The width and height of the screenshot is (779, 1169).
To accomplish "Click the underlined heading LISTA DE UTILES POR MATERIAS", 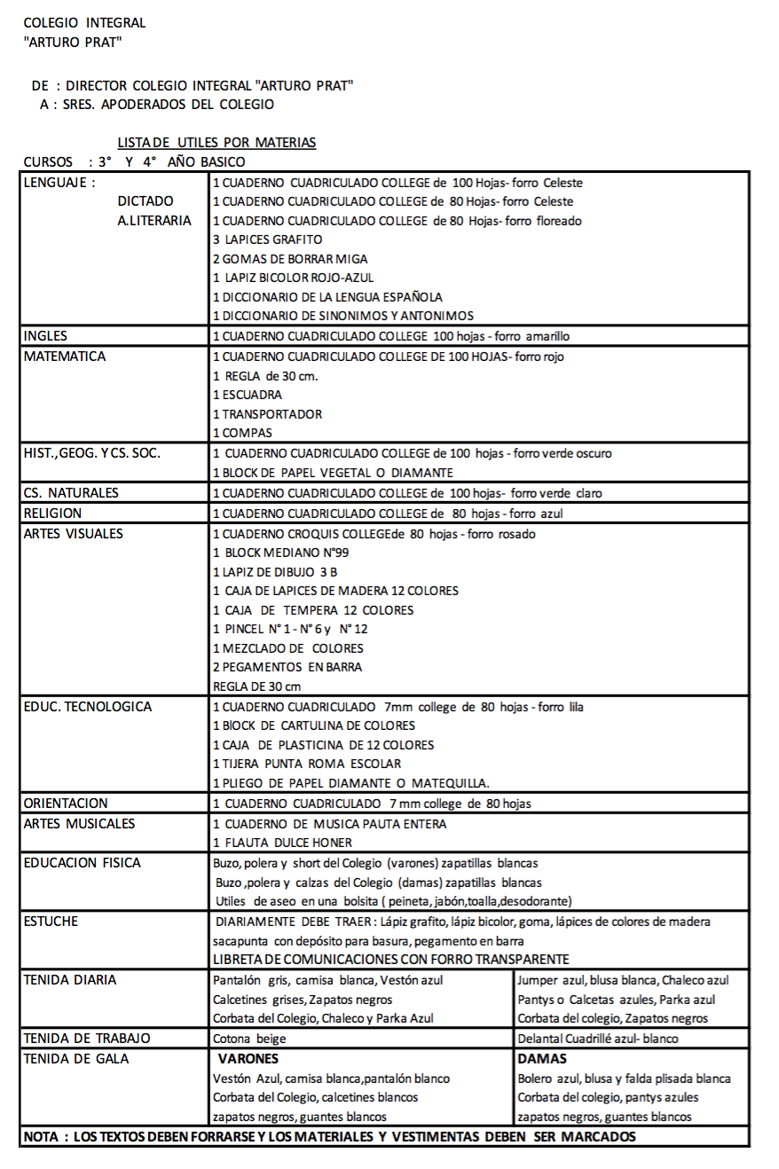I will (216, 142).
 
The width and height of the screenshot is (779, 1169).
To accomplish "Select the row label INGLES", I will (45, 336).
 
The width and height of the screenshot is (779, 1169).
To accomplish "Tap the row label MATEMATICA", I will (65, 356).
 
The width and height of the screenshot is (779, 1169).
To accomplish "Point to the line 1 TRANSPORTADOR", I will (267, 414).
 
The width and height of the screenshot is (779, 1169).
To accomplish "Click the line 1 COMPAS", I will (242, 434).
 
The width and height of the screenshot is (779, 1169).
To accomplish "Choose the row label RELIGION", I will (52, 513).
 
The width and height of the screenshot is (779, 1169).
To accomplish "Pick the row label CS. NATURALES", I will (71, 492).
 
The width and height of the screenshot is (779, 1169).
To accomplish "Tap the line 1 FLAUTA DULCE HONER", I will (282, 843).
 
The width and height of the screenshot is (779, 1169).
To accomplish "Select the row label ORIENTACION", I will (66, 804).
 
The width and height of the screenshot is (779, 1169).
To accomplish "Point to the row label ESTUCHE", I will (51, 921).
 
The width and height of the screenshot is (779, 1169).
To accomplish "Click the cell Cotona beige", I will (244, 1039).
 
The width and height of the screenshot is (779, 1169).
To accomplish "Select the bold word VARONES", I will (248, 1059).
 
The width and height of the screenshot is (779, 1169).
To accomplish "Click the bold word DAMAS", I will (542, 1059).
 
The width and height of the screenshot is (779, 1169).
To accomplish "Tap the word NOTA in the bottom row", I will (41, 1136).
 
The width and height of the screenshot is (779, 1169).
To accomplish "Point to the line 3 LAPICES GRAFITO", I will (267, 239).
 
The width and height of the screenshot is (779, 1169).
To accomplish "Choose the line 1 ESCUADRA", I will (248, 395).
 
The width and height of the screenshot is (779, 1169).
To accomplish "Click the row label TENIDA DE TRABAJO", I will (87, 1038).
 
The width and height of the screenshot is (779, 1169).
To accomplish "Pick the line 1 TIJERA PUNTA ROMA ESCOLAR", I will (306, 764).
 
